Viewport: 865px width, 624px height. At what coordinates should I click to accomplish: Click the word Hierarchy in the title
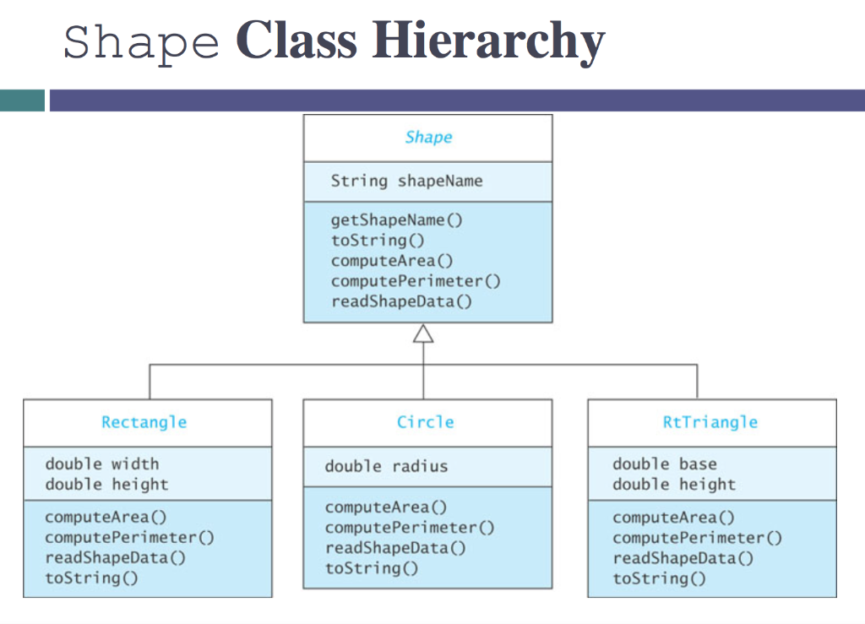489,40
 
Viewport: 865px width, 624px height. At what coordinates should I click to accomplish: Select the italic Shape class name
428,137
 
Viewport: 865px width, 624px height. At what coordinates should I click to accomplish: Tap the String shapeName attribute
406,181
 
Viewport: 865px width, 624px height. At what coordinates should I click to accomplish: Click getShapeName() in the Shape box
397,220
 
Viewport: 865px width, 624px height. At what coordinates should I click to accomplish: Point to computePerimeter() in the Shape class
416,281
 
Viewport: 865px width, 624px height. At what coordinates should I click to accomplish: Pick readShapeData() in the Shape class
401,301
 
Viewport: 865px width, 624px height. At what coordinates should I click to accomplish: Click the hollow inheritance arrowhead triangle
423,334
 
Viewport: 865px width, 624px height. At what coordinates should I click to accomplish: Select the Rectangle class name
144,422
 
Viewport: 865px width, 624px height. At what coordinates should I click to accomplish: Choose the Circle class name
426,422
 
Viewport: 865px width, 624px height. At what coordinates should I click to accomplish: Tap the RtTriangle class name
710,422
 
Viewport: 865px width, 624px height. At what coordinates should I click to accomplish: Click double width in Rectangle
101,464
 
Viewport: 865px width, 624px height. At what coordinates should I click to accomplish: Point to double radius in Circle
386,466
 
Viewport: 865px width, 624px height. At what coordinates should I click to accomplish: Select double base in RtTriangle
665,464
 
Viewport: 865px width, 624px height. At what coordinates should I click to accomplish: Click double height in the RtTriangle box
674,485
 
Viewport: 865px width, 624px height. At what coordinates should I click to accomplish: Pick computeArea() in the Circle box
386,507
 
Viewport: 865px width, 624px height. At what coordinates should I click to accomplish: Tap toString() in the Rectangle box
91,578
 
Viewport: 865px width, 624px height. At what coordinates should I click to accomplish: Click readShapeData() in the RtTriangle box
683,558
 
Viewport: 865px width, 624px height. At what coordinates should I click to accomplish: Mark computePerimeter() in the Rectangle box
129,537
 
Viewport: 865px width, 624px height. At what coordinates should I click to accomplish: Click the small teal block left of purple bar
22,100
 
